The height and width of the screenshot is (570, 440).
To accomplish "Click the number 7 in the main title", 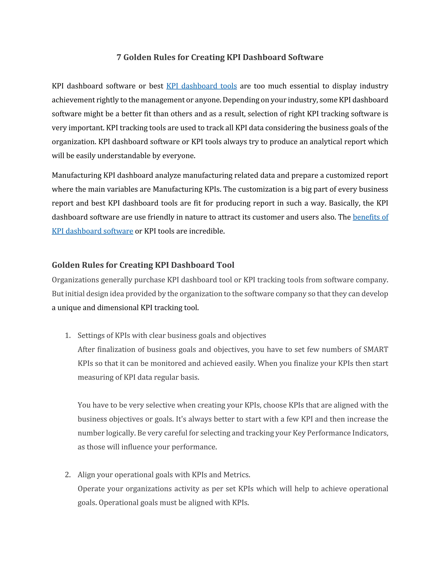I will (119, 57).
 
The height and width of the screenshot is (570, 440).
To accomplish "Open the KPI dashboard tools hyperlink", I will (202, 86).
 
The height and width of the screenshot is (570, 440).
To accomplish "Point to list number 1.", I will (67, 335).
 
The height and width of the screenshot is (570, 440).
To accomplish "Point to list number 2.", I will (67, 474).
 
